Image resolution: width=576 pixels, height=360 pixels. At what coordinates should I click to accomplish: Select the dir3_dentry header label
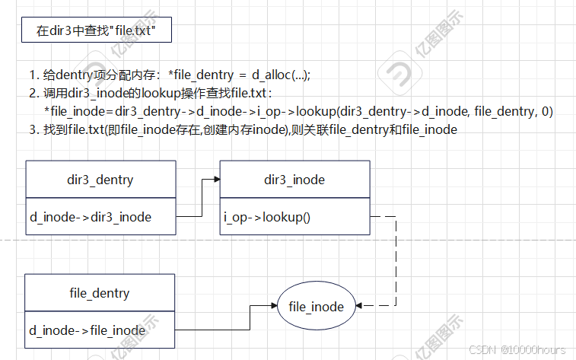point(100,180)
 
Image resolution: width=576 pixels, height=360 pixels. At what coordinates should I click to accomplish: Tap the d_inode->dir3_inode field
point(91,217)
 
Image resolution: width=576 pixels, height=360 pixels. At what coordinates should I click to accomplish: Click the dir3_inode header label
point(294,180)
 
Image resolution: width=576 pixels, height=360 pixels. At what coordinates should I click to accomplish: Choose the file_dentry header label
point(100,293)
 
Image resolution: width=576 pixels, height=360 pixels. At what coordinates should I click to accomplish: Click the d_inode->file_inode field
point(88,330)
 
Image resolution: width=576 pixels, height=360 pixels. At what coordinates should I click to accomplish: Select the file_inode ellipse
point(317,307)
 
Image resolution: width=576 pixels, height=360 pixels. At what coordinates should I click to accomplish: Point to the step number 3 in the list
point(33,129)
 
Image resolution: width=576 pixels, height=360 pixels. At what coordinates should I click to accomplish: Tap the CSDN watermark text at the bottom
point(517,349)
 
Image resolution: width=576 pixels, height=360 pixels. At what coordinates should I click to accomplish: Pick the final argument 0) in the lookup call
point(546,111)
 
